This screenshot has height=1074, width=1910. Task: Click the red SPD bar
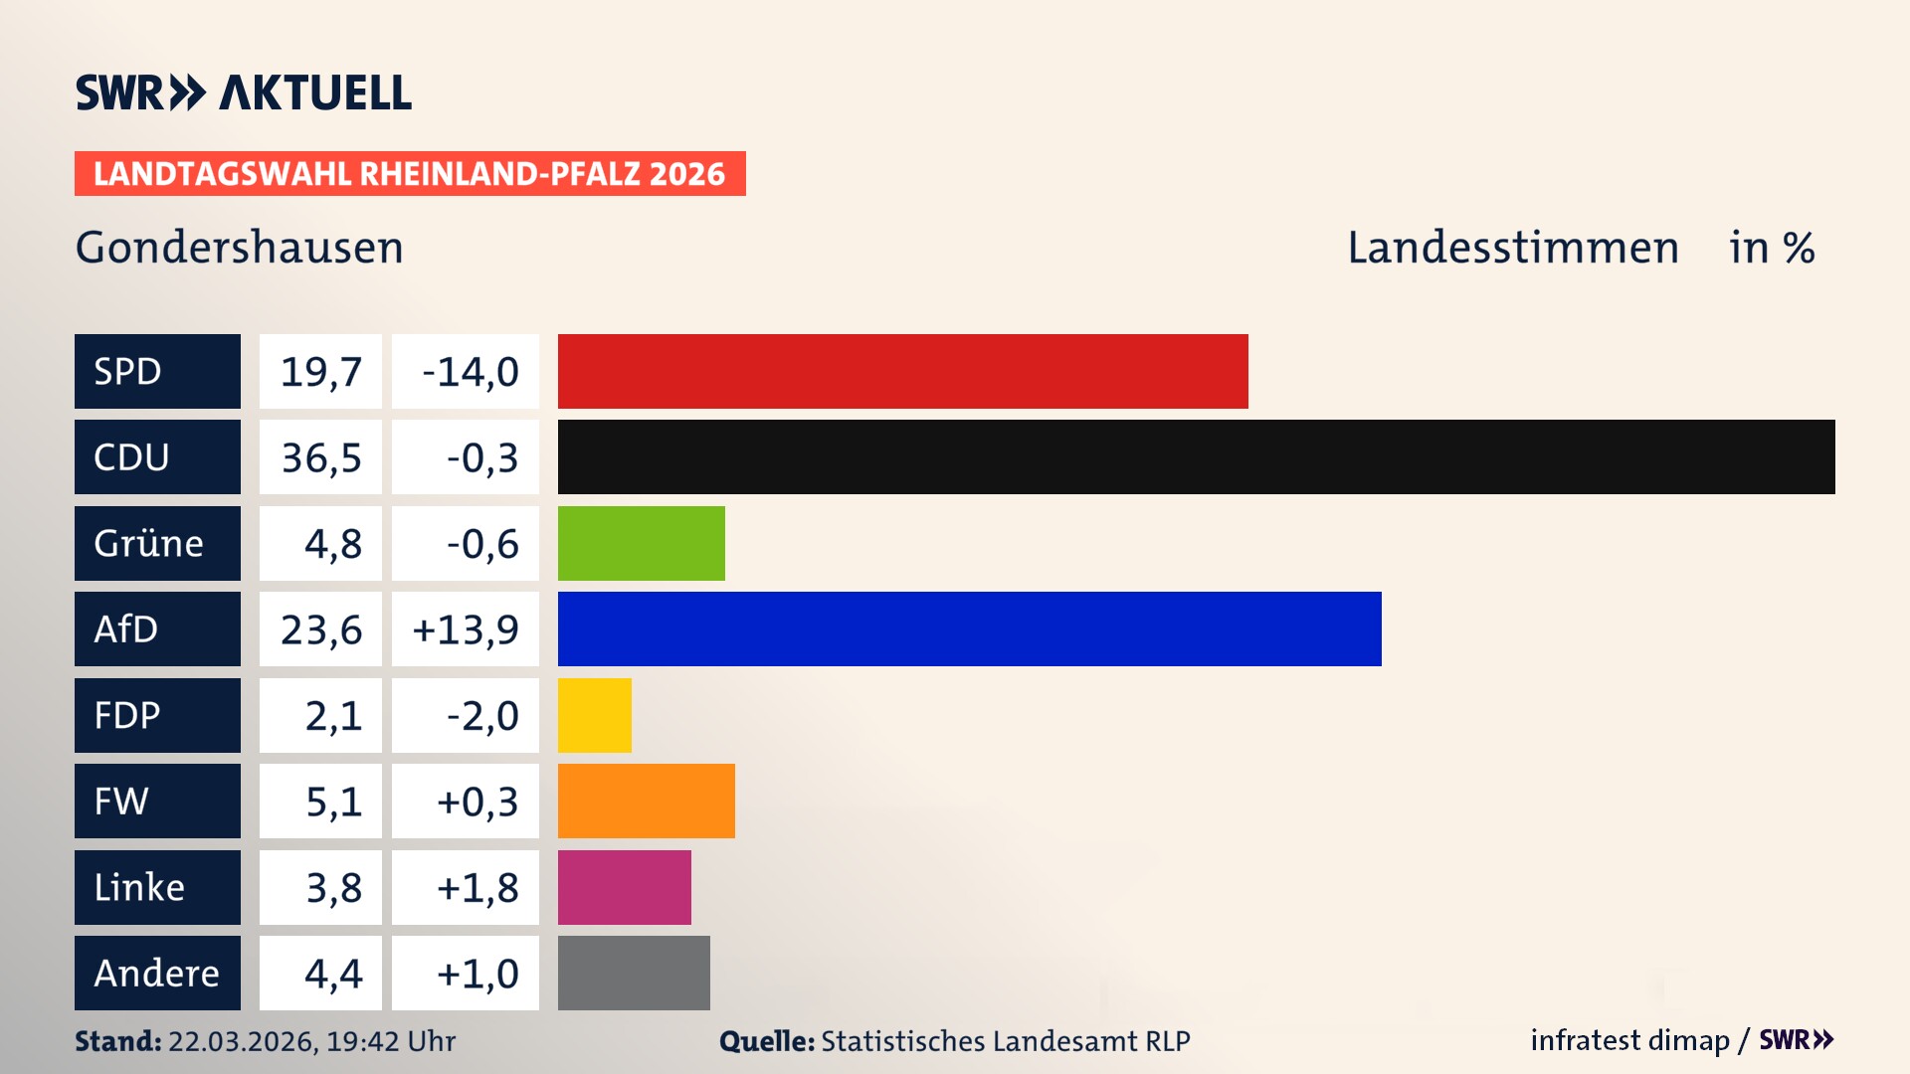[902, 371]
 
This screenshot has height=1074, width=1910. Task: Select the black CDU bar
[1196, 457]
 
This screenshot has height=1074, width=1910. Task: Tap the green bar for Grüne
[641, 543]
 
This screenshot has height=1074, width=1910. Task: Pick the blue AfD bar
[969, 628]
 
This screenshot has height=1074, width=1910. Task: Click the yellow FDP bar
[594, 715]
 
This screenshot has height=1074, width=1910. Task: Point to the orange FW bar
[646, 801]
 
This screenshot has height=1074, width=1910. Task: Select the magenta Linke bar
[624, 887]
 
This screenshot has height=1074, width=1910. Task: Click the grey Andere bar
[634, 973]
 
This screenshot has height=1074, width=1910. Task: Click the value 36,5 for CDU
[320, 457]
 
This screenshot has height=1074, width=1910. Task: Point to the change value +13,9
[466, 628]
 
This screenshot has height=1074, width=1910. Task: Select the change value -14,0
[470, 371]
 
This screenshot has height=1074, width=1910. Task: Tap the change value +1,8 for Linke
[477, 887]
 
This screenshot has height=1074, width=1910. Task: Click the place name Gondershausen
[240, 247]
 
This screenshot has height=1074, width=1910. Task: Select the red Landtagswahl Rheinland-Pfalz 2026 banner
[409, 173]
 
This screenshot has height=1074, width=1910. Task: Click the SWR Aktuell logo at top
[243, 92]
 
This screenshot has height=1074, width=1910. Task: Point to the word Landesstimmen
[1512, 247]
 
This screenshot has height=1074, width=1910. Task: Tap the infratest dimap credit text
[1629, 1040]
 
